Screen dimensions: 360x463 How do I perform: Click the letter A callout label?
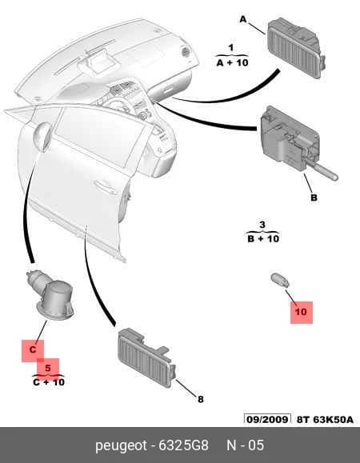(x=242, y=19)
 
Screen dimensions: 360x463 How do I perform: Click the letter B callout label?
(x=314, y=198)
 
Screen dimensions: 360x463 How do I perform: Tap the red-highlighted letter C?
(x=33, y=350)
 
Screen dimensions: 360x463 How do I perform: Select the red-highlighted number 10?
(x=301, y=312)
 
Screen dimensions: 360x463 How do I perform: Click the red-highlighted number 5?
(x=48, y=368)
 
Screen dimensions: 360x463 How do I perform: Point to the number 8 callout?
(x=201, y=399)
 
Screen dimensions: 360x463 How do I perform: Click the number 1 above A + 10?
(x=231, y=47)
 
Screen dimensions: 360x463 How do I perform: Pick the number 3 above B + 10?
(x=262, y=225)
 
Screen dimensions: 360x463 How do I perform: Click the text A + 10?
(x=233, y=62)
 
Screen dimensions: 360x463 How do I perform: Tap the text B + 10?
(x=263, y=238)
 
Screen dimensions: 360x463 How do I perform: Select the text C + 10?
(x=49, y=382)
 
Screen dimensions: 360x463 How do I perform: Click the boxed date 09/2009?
(x=267, y=419)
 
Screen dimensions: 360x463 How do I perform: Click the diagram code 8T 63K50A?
(x=325, y=420)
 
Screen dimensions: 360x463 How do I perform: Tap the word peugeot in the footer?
(x=121, y=445)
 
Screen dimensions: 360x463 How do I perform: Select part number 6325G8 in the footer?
(x=184, y=445)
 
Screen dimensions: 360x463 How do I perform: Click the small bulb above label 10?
(x=280, y=281)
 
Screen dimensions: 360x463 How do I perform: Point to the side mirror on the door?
(x=42, y=137)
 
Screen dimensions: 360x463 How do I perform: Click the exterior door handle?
(x=106, y=187)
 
